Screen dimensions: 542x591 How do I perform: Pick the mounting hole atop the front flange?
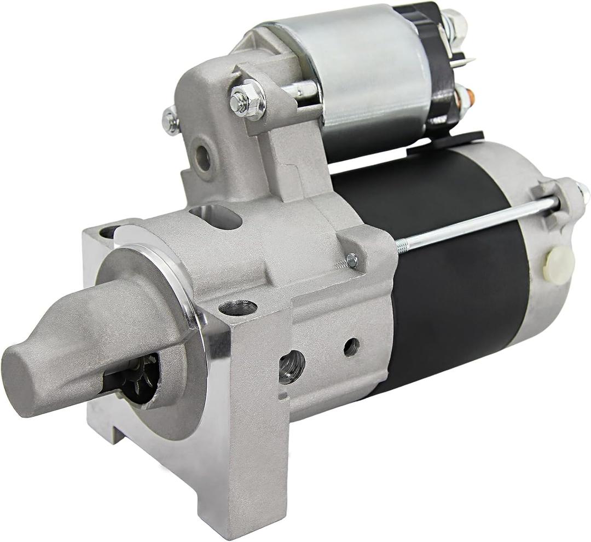click(x=237, y=308)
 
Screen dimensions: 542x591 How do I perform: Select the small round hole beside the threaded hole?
click(x=351, y=347)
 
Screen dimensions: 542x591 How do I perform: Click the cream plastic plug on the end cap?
click(x=558, y=266)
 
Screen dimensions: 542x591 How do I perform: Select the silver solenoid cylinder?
click(x=372, y=77)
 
